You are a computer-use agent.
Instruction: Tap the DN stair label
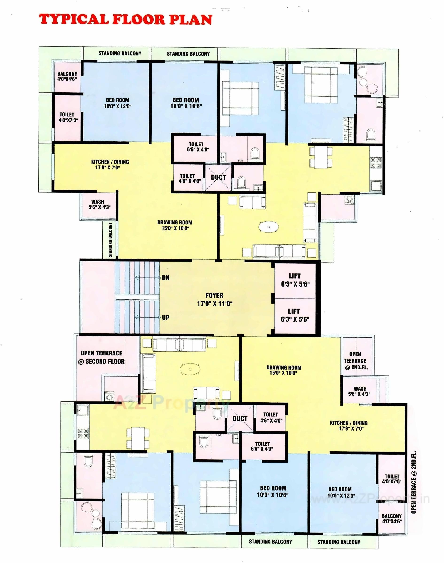[x=166, y=278]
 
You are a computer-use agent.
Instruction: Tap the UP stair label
[x=166, y=318]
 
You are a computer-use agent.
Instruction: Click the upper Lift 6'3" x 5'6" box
[x=295, y=280]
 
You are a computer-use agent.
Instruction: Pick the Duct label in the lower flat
[x=240, y=419]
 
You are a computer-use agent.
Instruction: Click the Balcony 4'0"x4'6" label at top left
[x=67, y=76]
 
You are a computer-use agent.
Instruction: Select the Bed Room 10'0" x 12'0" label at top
[x=117, y=103]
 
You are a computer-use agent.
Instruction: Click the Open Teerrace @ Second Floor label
[x=102, y=357]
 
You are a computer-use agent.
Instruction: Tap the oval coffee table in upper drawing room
[x=269, y=227]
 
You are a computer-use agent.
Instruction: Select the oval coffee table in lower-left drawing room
[x=190, y=369]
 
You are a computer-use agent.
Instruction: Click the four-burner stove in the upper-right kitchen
[x=376, y=163]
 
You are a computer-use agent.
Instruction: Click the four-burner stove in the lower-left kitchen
[x=83, y=433]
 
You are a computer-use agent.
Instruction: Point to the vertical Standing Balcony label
[x=110, y=240]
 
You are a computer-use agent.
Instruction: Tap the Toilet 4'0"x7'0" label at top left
[x=68, y=117]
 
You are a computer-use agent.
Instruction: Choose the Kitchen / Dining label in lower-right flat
[x=349, y=426]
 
